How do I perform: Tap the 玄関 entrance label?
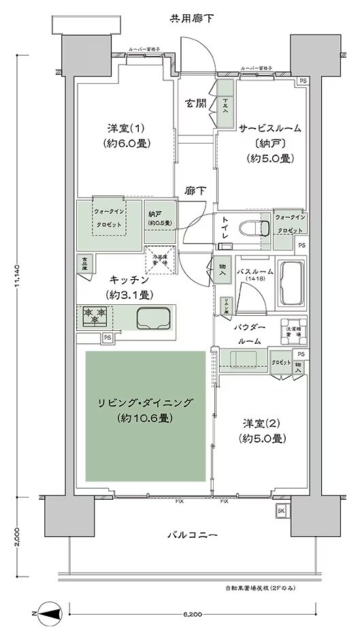tap(196, 104)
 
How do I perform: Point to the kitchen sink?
tap(152, 318)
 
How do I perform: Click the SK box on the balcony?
tap(280, 511)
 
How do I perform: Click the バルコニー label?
tap(193, 535)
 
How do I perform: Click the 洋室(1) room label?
tap(125, 135)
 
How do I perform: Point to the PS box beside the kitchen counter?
tap(107, 338)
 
